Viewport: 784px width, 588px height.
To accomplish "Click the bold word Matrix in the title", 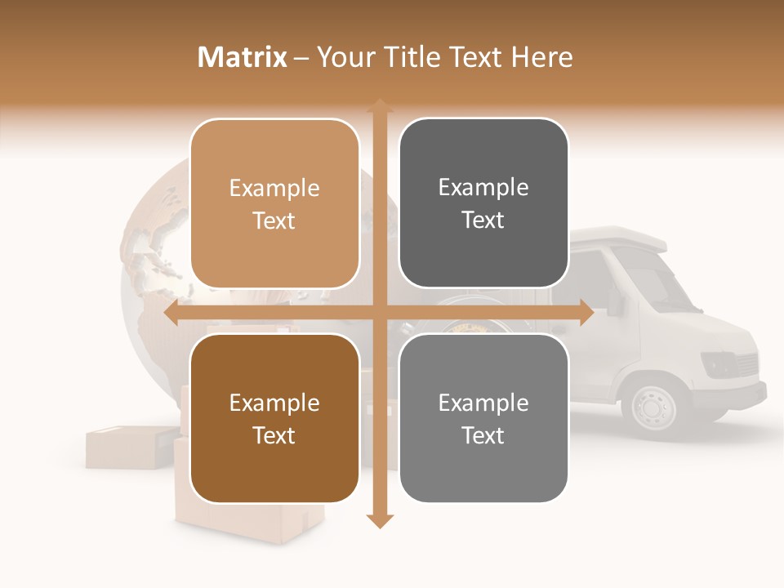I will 243,57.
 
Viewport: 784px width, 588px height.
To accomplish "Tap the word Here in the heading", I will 541,57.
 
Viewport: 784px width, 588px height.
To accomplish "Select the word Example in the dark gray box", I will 483,187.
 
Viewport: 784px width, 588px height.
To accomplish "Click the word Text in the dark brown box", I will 274,435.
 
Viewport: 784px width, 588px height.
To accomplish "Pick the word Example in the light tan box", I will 274,188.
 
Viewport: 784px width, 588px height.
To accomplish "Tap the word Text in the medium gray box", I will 483,435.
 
